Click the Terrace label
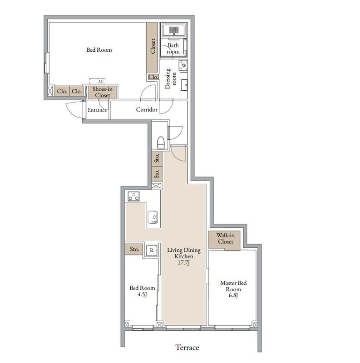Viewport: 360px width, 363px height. click(187, 348)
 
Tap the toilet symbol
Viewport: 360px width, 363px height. click(161, 142)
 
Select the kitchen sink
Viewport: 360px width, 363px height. click(153, 217)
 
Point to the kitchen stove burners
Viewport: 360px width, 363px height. click(133, 196)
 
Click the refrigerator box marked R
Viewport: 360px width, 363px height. click(152, 250)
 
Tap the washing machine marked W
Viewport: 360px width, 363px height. click(183, 65)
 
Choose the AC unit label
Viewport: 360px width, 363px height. click(100, 81)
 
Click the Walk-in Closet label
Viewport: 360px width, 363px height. click(226, 239)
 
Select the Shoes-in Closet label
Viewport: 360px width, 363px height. click(103, 92)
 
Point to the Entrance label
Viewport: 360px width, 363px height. click(97, 110)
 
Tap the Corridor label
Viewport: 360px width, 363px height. click(147, 109)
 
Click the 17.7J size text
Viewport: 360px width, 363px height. click(184, 263)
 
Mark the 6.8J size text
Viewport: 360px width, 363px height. click(233, 295)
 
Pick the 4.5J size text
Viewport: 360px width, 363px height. click(142, 294)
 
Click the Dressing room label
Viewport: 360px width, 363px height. click(171, 78)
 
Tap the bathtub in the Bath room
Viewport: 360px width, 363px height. click(174, 30)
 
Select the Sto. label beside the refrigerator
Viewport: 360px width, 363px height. click(134, 249)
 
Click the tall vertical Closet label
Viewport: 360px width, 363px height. click(153, 46)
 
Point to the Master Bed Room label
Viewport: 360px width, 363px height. click(233, 286)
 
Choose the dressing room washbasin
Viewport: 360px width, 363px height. click(184, 85)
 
